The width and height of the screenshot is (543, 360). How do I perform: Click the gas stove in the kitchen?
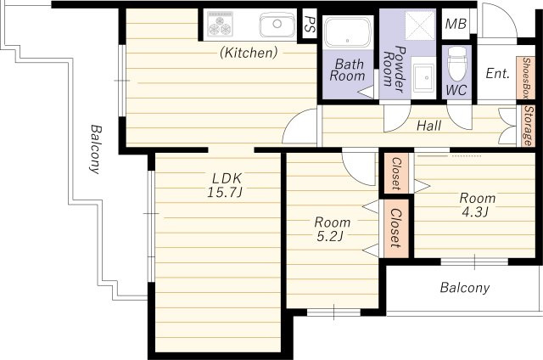221,24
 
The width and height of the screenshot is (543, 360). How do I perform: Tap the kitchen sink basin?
277,25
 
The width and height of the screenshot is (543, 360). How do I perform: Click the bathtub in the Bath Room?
348,32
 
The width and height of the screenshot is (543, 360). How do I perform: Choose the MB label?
456,24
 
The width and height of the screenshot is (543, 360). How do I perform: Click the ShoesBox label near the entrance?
526,78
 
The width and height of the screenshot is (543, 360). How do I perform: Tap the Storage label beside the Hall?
528,126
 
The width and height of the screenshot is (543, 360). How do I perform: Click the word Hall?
429,126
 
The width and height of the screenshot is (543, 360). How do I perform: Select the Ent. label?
498,73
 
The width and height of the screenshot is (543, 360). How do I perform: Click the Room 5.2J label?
332,229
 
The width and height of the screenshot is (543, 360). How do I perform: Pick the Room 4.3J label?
477,205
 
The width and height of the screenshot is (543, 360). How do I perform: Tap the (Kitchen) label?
249,53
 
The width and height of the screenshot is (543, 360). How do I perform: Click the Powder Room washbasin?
423,77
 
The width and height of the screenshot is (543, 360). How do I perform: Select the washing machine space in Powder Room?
420,25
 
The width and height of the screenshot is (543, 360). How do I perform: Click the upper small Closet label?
396,173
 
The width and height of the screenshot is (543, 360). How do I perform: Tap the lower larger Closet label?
395,228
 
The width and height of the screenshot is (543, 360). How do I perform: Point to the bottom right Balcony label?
465,288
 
